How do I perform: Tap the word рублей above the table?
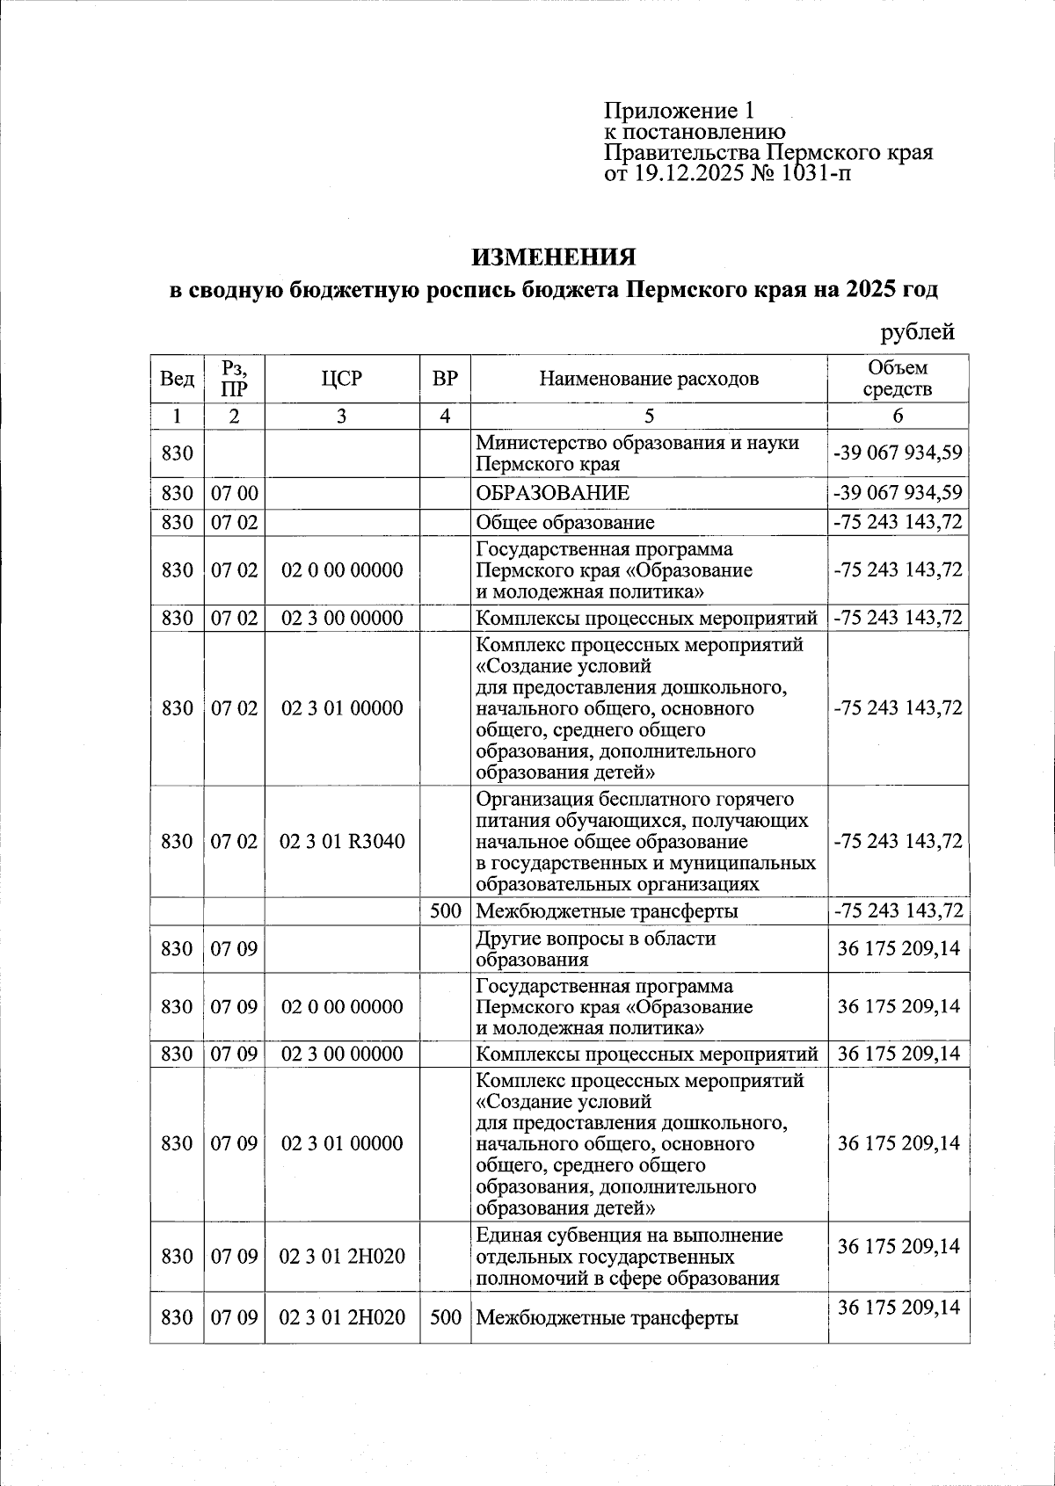[917, 332]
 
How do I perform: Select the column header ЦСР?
[341, 379]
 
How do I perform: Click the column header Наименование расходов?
[649, 379]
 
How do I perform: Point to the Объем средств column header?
[897, 379]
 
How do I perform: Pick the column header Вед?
[177, 379]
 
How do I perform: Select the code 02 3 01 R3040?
[342, 841]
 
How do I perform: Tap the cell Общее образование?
[564, 522]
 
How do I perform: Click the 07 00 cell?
[234, 492]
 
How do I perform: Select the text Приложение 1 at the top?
[678, 111]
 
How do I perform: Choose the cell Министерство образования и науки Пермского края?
[637, 453]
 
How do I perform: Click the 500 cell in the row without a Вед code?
[446, 910]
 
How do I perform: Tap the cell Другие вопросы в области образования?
[595, 948]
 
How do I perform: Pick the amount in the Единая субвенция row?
[898, 1246]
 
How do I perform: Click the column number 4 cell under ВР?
[446, 416]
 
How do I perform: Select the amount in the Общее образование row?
[898, 522]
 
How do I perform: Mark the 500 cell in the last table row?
[446, 1317]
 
